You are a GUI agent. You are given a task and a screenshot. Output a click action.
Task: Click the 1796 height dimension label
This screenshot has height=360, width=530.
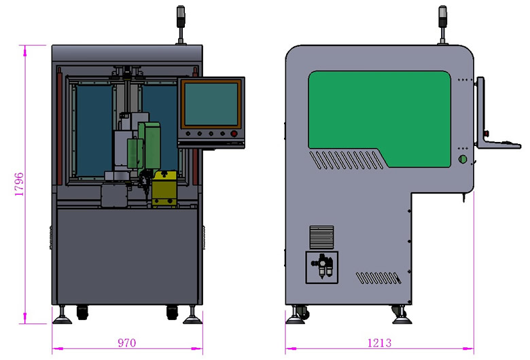(20, 184)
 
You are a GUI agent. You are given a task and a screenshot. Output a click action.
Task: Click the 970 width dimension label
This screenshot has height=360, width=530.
(127, 343)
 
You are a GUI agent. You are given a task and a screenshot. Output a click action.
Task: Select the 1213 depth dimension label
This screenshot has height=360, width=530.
(379, 343)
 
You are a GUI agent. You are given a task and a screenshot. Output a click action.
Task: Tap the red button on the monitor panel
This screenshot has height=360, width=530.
(234, 134)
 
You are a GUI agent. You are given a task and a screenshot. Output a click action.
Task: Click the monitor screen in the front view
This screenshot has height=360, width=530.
(211, 104)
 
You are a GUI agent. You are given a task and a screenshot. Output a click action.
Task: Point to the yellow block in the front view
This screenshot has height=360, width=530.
(164, 188)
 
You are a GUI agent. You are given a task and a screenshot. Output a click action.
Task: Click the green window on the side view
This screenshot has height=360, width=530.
(380, 118)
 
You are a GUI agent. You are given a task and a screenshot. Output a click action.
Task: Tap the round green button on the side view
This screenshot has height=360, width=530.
(463, 159)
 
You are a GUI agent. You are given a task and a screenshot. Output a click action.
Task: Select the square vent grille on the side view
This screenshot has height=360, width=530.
(321, 237)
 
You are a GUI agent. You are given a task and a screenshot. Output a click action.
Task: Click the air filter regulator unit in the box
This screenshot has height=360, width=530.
(323, 266)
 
